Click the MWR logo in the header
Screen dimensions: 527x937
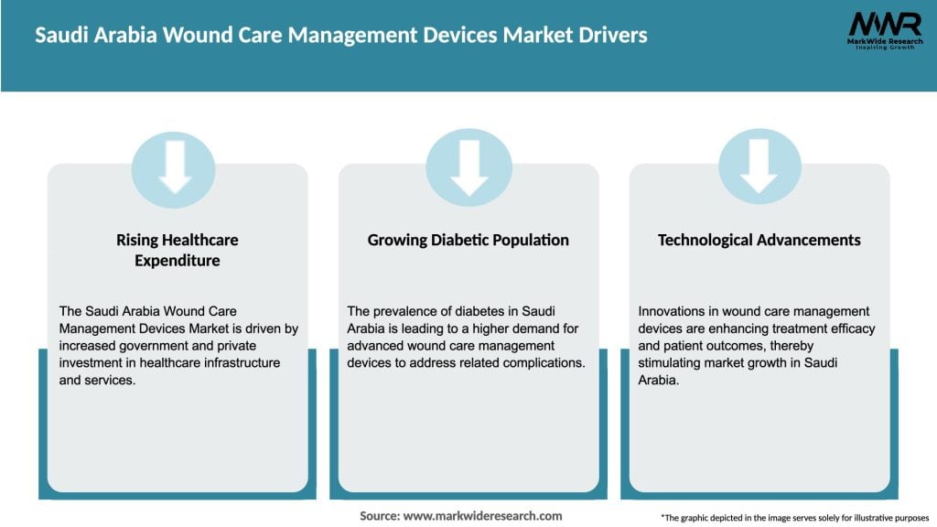click(884, 27)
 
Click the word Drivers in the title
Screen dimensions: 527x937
click(613, 36)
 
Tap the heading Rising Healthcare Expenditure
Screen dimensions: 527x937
click(177, 250)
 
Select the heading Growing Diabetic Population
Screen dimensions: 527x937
click(468, 240)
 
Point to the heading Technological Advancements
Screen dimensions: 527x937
click(759, 240)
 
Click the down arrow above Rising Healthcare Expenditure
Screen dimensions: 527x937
click(174, 167)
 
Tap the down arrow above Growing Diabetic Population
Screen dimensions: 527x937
click(468, 167)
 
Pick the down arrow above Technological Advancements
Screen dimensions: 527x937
click(759, 167)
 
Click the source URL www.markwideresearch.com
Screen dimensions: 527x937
click(483, 516)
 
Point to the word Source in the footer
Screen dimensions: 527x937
click(378, 516)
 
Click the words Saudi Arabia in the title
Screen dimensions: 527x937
click(83, 36)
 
